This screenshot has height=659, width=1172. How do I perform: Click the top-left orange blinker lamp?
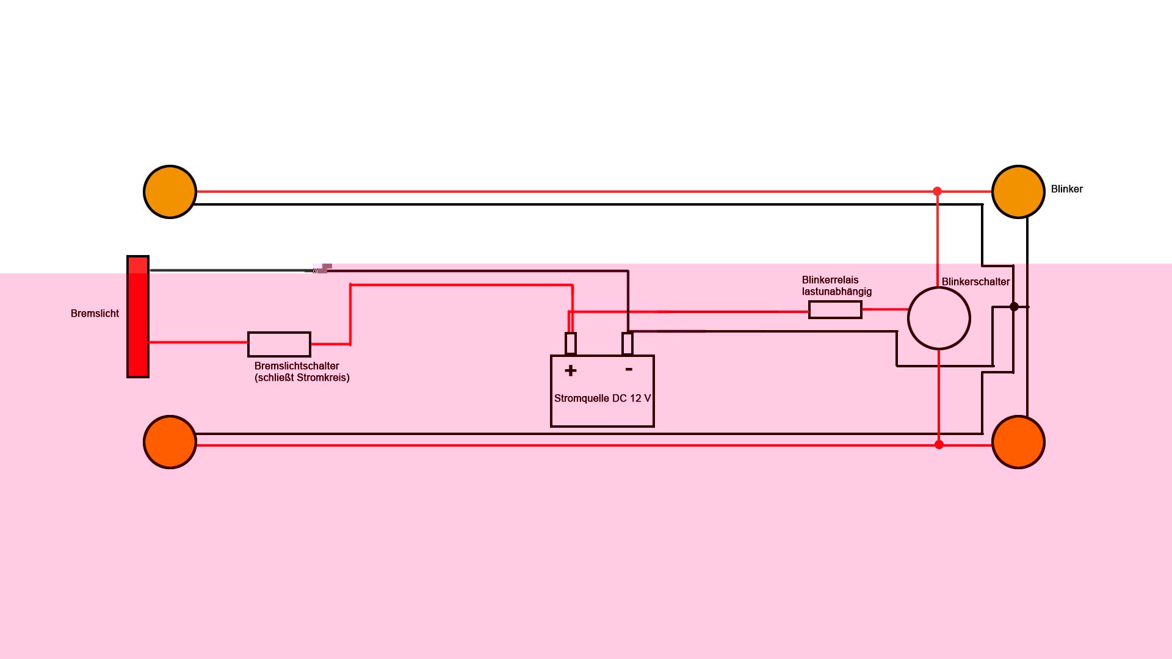[x=170, y=192]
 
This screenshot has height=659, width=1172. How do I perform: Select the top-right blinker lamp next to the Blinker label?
[x=1018, y=192]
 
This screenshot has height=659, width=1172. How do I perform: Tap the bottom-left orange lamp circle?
[x=170, y=442]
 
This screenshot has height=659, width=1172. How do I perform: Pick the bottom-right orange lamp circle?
[x=1018, y=442]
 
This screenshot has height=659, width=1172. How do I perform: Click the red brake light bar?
[x=138, y=317]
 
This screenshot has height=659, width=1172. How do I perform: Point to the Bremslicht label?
[x=95, y=314]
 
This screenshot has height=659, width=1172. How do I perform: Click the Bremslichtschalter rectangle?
[x=279, y=345]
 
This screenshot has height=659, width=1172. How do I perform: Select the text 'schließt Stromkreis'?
[x=302, y=378]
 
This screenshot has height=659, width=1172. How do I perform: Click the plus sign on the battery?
[x=571, y=370]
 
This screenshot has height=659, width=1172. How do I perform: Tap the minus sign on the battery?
[x=629, y=369]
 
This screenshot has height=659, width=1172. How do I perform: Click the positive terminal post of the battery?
[x=571, y=344]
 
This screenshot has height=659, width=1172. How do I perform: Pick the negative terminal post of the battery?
[x=628, y=344]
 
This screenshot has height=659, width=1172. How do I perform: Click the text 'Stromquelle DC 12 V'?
[x=602, y=398]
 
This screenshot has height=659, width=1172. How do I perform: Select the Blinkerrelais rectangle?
[x=835, y=310]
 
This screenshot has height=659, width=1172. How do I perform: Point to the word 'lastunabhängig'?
[x=837, y=292]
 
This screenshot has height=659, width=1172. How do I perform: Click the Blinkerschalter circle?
[x=939, y=319]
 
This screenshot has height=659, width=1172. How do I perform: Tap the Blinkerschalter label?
[x=975, y=282]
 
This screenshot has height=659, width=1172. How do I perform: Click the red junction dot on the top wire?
[x=938, y=192]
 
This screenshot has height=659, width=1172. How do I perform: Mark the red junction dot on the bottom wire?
[x=939, y=445]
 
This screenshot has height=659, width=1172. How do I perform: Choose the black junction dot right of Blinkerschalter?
[x=1014, y=307]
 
